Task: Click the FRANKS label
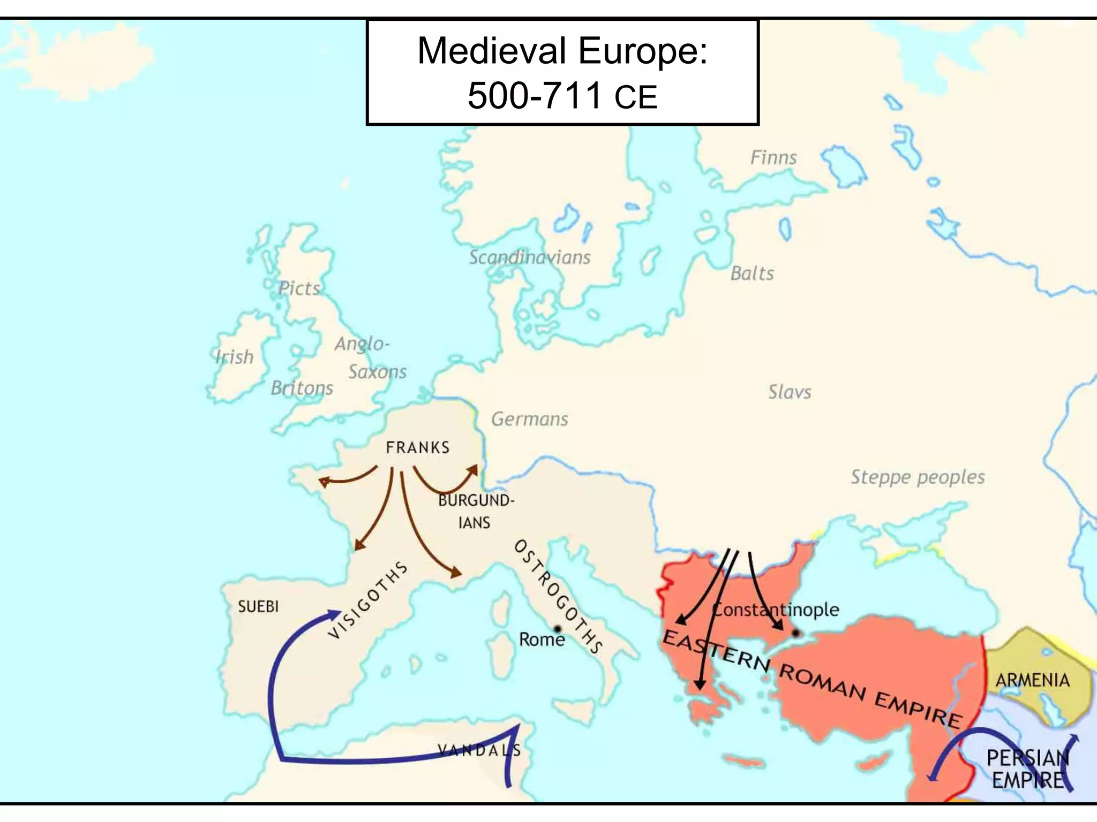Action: point(417,447)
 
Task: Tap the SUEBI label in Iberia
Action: point(258,606)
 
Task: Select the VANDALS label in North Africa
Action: point(479,750)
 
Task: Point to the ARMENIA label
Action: point(1032,680)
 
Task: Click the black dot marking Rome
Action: point(558,629)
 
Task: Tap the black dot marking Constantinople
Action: point(796,633)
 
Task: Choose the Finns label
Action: point(773,158)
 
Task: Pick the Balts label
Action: point(752,273)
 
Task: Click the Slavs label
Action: point(790,392)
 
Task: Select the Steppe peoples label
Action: point(918,477)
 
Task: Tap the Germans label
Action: point(529,419)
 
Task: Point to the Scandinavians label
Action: point(529,257)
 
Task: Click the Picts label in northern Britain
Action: point(299,288)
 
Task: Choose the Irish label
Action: point(234,357)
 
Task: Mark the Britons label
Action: point(302,388)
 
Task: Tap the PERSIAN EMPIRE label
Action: point(1027,769)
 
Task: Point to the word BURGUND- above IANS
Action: point(476,500)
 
